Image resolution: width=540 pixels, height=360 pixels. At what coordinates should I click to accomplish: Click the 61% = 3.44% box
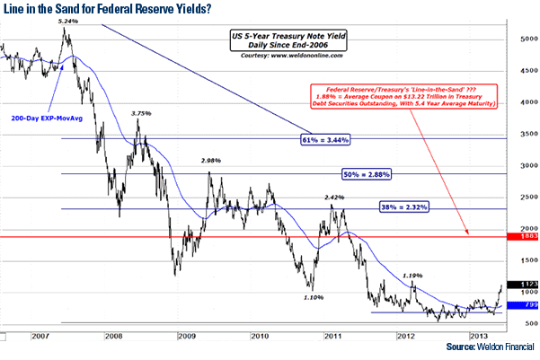point(324,140)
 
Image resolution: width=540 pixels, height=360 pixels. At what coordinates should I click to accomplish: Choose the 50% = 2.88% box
point(369,174)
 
